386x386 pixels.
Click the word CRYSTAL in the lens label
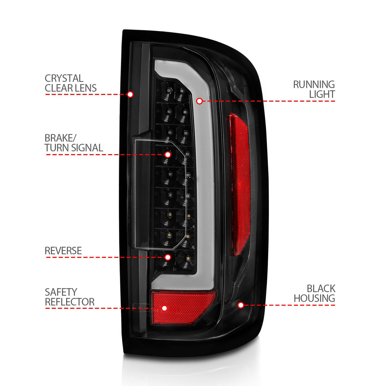pos(64,78)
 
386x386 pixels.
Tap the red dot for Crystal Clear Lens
pos(130,94)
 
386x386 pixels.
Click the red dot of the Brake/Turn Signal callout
pos(168,155)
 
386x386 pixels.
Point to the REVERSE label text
pos(63,251)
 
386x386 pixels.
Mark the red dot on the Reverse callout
pos(168,257)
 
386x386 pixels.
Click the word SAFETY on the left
pos(61,292)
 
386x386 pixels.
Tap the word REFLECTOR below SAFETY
pos(70,302)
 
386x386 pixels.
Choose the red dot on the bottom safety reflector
pos(164,308)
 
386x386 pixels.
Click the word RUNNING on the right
pos(314,85)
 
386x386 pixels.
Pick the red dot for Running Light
pos(199,101)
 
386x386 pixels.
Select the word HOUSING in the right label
pos(314,298)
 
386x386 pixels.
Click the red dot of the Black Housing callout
pos(241,305)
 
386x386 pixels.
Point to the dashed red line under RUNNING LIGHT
pos(270,101)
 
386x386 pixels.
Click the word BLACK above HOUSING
pos(321,288)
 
